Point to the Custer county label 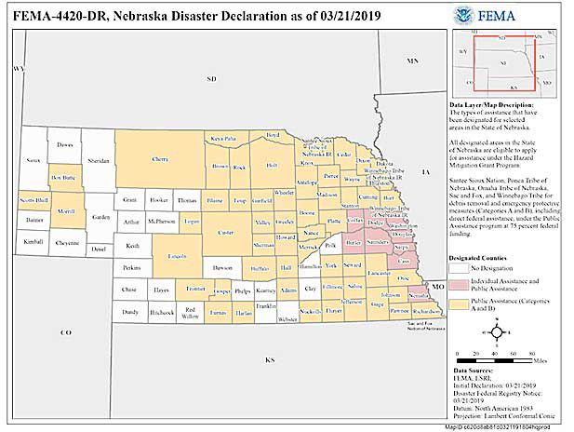click(224, 231)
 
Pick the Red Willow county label click(190, 313)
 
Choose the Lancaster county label click(378, 273)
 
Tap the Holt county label click(272, 165)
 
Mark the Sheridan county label click(98, 160)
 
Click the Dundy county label click(129, 313)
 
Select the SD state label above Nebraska click(211, 79)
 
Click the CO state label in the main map click(66, 332)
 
